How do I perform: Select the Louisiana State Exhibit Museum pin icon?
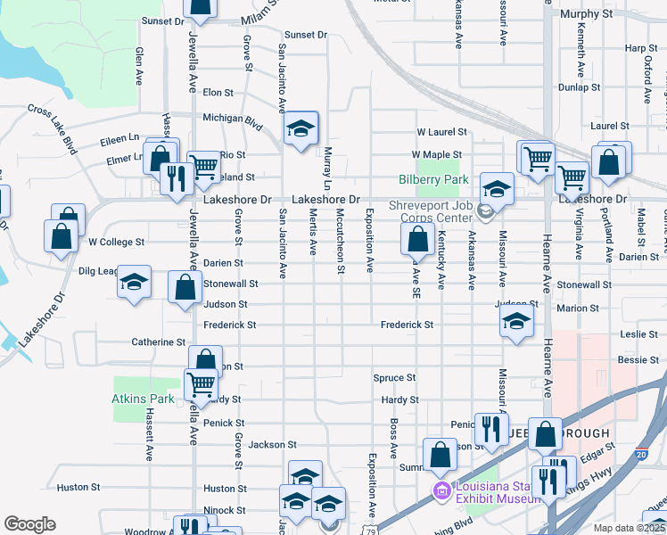coord(440,490)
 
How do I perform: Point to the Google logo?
coord(29,523)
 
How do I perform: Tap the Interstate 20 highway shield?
coord(643,454)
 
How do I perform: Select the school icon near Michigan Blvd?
coord(301,130)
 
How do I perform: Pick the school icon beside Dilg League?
coord(135,284)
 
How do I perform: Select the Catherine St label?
coord(158,342)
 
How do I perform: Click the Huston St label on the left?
coord(78,488)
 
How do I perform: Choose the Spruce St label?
coord(390,378)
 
